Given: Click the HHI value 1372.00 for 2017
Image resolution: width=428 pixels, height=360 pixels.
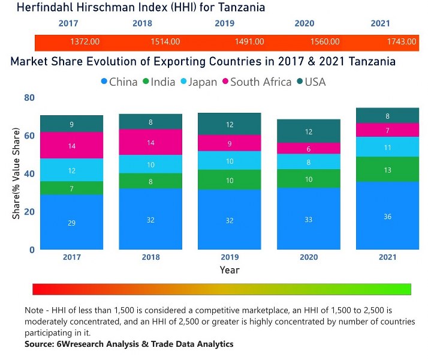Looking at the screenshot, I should [x=85, y=42].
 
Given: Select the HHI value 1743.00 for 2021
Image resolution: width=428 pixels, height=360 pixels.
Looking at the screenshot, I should [x=402, y=42].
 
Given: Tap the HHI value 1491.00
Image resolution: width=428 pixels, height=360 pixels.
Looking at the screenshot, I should [x=249, y=42].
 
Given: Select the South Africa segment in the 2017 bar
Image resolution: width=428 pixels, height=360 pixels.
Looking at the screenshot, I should [x=71, y=146].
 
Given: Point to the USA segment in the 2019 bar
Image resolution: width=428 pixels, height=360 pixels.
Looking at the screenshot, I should [x=230, y=124].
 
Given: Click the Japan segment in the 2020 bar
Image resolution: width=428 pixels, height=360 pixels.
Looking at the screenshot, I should [x=308, y=161].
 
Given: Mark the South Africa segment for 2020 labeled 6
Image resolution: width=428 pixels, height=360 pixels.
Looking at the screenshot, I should [x=308, y=148].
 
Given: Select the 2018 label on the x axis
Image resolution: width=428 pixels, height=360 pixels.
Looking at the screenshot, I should [x=150, y=257].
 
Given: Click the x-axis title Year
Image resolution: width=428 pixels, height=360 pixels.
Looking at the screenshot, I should [x=229, y=270].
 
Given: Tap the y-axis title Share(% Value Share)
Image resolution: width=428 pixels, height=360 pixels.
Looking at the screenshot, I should [x=17, y=173].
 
